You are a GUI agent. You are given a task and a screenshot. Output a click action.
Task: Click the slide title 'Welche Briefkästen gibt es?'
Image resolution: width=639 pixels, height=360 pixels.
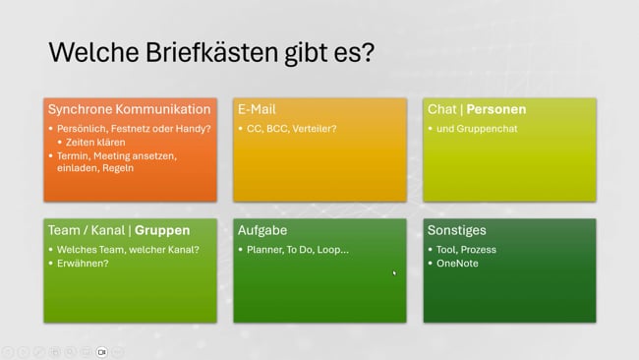[x=211, y=51]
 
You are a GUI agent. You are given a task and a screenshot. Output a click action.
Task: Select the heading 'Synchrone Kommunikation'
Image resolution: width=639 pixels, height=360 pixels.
[x=129, y=109]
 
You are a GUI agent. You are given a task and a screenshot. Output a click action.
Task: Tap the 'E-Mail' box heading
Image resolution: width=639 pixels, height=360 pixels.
[x=259, y=109]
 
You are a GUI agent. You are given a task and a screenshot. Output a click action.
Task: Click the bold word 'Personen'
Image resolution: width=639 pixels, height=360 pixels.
[x=496, y=109]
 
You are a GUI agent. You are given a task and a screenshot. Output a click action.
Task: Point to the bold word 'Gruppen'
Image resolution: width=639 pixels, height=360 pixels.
[x=162, y=230]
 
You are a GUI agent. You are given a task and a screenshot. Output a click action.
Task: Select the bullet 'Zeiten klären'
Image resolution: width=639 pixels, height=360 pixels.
[x=96, y=142]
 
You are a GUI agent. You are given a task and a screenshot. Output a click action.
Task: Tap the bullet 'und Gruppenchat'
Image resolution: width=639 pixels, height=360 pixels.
[x=478, y=128]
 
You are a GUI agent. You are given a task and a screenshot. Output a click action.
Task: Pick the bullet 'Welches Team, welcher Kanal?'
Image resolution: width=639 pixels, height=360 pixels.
[x=128, y=250]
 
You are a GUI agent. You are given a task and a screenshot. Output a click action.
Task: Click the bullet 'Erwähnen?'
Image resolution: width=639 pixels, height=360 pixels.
[x=83, y=264]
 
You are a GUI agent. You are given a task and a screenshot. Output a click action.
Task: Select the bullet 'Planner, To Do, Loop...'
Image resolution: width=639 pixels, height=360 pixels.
[x=297, y=250]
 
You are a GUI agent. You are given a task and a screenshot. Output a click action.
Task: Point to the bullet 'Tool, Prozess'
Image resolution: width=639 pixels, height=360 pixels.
[x=466, y=250]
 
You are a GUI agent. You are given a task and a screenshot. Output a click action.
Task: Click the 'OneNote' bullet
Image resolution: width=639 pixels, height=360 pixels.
[x=457, y=264]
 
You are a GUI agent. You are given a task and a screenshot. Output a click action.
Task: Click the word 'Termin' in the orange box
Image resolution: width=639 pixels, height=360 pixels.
[x=73, y=155]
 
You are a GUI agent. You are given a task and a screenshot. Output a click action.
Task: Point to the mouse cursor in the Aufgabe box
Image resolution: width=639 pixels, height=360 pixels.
[x=394, y=272]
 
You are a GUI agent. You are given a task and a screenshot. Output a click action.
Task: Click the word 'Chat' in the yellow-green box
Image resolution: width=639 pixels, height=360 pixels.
[x=442, y=109]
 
